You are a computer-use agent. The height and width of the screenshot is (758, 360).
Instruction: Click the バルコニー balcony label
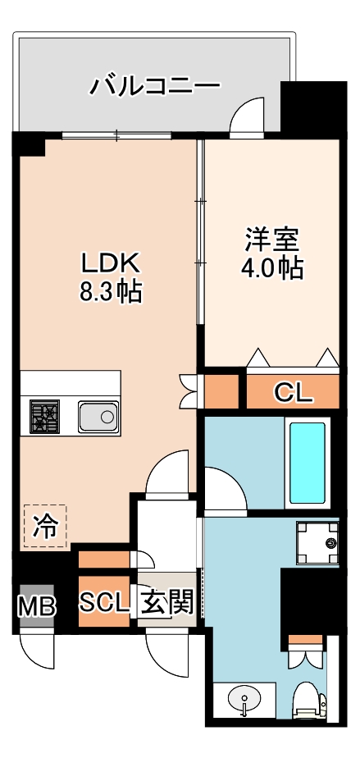(x=155, y=84)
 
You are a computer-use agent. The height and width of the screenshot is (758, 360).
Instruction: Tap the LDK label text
(x=111, y=263)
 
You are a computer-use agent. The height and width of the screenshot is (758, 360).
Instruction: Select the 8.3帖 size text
(x=111, y=292)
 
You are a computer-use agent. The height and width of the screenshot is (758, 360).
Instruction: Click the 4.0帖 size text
(x=271, y=268)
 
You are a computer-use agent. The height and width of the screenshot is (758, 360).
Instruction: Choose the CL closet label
(x=293, y=393)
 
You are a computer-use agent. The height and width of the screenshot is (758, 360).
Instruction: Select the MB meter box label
(x=37, y=608)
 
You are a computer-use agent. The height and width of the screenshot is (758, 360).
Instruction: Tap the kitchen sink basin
(x=98, y=417)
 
